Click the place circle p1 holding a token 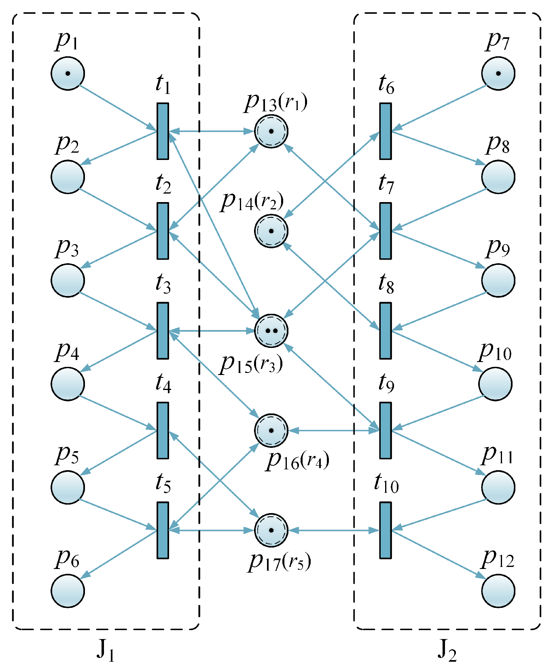[68, 73]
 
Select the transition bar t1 [163, 131]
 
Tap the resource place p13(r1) [271, 131]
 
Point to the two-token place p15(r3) [271, 331]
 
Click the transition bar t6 [386, 131]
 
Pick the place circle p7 [498, 73]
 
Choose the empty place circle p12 [498, 591]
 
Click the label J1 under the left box [105, 650]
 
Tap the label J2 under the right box [447, 650]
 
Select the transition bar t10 [386, 531]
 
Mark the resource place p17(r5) [271, 531]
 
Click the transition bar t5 [163, 531]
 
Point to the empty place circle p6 [68, 591]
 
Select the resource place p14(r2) [271, 231]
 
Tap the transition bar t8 [386, 331]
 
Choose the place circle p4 [68, 384]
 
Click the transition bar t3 [163, 331]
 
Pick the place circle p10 [495, 384]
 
